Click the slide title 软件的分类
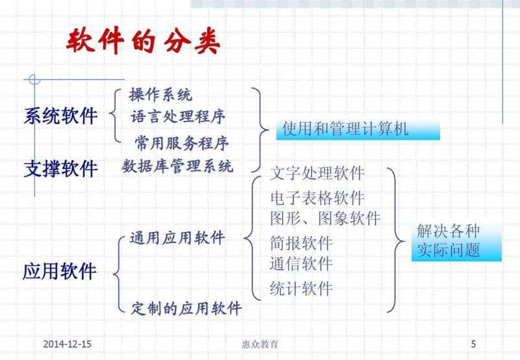point(144,42)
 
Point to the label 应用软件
point(60,270)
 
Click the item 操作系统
point(161,96)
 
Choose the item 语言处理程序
point(177,118)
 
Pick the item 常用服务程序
point(181,142)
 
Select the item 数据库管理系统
point(177,166)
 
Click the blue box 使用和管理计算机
point(359,129)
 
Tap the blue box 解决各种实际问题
point(454,241)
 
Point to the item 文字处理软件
point(317,174)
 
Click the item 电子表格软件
point(317,198)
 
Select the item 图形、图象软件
point(325,217)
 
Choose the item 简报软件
point(301,243)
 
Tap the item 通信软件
point(301,263)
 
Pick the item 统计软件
point(301,288)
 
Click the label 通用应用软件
point(177,238)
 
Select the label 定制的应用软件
point(186,307)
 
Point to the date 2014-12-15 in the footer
point(70,343)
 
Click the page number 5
point(473,343)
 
